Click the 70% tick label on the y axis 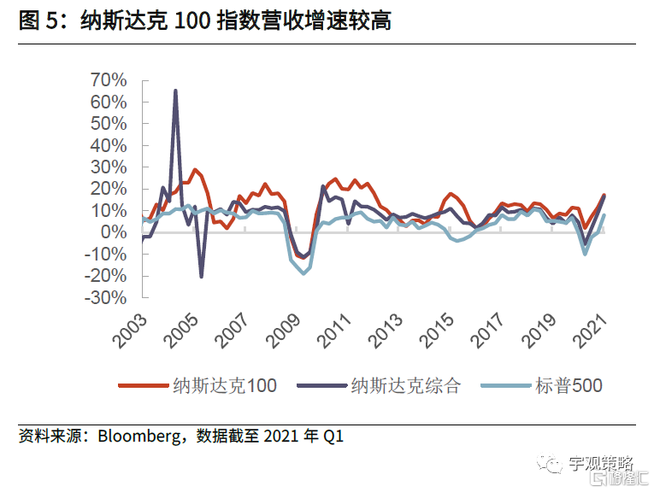click(x=108, y=79)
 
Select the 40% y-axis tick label click(x=108, y=145)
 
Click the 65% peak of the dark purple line click(x=175, y=90)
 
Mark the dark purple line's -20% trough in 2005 click(x=202, y=276)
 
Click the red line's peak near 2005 click(x=195, y=169)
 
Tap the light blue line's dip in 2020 click(x=585, y=253)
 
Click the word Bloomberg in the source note click(x=138, y=437)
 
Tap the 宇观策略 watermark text click(x=601, y=464)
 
